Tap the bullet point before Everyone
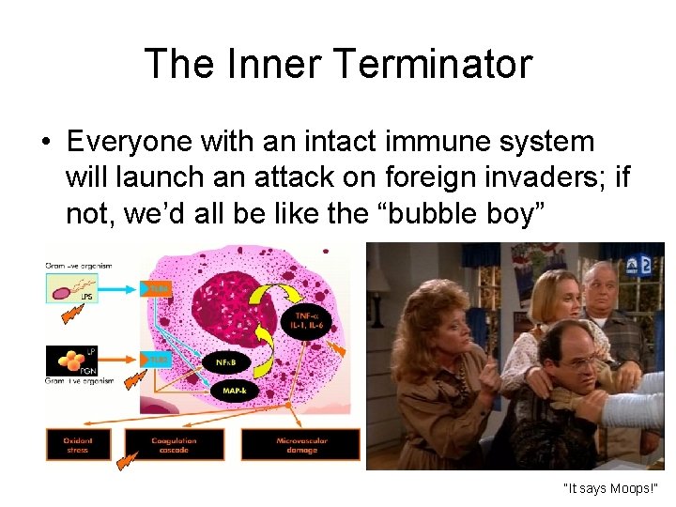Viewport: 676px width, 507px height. [x=45, y=143]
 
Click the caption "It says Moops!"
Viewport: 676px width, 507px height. [x=610, y=488]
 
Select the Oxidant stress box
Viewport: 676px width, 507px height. [x=78, y=444]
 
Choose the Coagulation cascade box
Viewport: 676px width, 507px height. [x=174, y=444]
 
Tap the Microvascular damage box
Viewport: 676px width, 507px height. [x=300, y=444]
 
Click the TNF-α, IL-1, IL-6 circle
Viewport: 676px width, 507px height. [x=306, y=320]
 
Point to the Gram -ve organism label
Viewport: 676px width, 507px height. [x=78, y=266]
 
